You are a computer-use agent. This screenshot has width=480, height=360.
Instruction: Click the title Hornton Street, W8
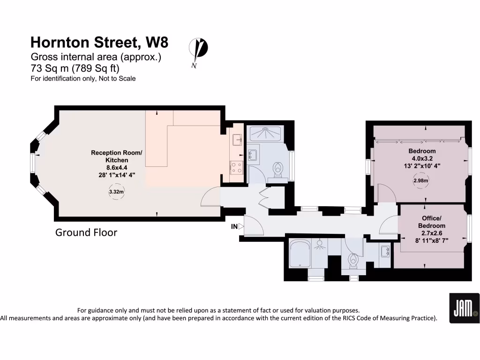99,43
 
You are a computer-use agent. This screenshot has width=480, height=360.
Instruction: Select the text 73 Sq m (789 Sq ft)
75,68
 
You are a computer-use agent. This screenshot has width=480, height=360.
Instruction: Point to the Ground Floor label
86,232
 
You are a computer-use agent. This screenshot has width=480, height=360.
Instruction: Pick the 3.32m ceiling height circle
116,192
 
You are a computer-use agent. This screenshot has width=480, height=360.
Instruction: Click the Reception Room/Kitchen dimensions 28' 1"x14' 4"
116,174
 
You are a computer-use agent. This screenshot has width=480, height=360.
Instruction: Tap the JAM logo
464,308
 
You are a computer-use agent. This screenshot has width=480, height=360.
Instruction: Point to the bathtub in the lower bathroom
300,255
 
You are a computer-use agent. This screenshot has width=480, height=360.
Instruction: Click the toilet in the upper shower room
278,170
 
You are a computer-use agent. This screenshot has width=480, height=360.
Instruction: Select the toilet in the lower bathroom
353,261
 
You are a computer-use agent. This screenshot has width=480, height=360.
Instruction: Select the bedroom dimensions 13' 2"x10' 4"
422,165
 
